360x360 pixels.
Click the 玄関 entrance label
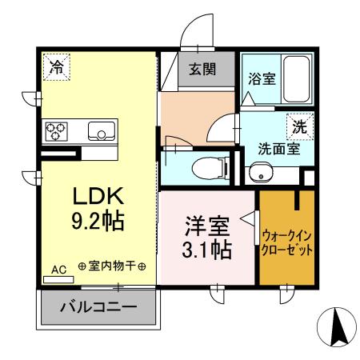pos(202,70)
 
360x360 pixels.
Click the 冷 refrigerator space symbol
pos(56,67)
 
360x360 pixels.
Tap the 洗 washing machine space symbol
pos(298,126)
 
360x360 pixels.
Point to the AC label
pos(58,270)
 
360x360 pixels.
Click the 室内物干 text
pos(111,266)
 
